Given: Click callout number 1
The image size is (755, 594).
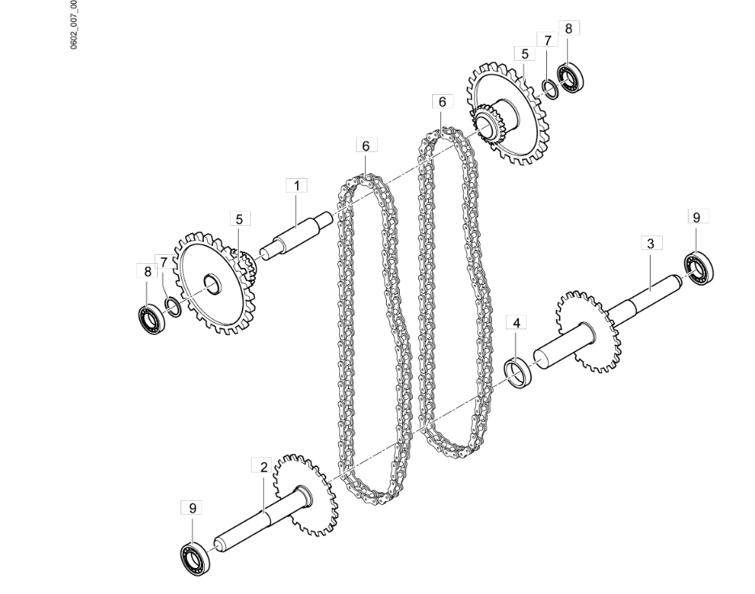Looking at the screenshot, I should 296,185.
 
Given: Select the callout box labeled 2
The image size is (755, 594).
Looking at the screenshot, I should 263,466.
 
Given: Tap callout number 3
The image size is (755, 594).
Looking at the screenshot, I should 651,243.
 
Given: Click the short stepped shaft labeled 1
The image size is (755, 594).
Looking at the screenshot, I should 296,235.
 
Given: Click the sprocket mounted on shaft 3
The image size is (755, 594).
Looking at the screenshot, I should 588,332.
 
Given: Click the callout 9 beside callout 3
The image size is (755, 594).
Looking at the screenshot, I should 697,217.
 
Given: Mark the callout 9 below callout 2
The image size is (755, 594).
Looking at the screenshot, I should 192,507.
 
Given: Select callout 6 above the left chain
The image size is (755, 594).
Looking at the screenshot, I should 366,146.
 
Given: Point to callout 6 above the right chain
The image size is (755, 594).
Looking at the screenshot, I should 442,102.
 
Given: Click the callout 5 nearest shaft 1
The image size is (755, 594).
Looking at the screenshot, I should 239,219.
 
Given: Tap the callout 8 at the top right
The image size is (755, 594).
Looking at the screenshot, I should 568,28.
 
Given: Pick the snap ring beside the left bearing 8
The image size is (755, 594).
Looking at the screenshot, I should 172,304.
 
